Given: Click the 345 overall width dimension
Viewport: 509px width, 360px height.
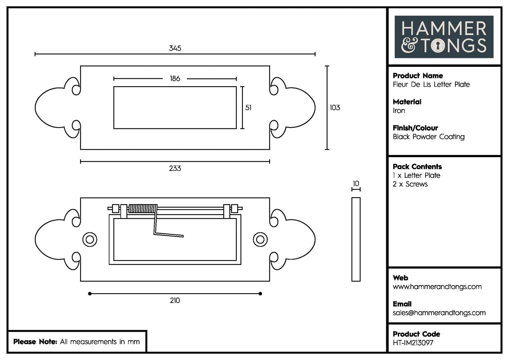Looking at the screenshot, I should click(x=175, y=48).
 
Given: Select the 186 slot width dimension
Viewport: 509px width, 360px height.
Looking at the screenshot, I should click(x=175, y=79).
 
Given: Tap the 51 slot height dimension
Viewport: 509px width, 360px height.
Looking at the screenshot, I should click(x=248, y=108).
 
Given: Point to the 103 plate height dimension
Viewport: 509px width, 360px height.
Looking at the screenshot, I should click(x=335, y=108).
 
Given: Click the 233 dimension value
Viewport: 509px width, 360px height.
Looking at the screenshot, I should click(x=175, y=168).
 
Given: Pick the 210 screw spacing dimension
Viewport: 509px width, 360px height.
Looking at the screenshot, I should click(x=175, y=300).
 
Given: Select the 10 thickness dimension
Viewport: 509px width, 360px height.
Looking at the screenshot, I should click(x=356, y=184).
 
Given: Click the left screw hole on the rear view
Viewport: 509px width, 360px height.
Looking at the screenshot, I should click(x=90, y=240).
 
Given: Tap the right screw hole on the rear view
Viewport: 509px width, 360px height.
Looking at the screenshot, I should click(x=260, y=240).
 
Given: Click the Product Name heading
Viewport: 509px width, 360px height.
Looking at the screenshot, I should click(x=418, y=76).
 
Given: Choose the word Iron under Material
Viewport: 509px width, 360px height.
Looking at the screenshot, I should click(x=399, y=111).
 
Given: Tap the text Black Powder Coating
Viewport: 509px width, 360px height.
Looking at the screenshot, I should click(x=429, y=137).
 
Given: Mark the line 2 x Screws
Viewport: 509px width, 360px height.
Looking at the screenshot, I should click(x=410, y=184).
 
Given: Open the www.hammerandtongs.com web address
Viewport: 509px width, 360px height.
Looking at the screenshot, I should click(x=437, y=287).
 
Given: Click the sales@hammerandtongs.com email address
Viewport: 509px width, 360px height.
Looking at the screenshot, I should click(x=439, y=313).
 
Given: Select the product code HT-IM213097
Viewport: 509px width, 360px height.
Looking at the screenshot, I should click(x=413, y=343).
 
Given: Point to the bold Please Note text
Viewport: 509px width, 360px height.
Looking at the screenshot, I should click(x=35, y=342).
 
